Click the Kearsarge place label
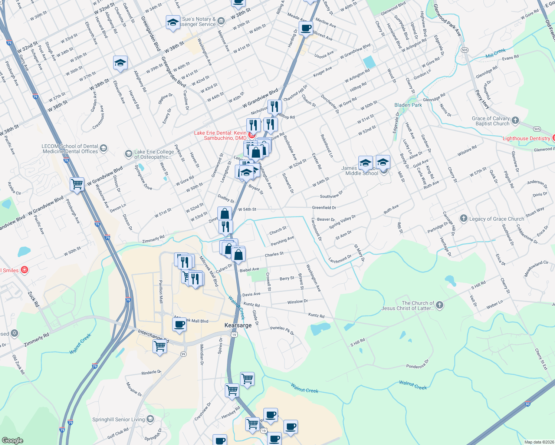[238, 325]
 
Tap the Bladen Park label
[408, 105]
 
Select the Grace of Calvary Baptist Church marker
[515, 120]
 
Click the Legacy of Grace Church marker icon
[463, 218]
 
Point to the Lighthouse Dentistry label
[526, 138]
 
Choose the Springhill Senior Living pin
[150, 419]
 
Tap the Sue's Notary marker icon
[221, 21]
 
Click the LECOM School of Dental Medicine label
[70, 149]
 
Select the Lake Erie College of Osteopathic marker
[128, 154]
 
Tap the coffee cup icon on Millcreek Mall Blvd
[180, 324]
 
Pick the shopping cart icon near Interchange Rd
[160, 346]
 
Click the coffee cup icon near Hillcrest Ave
[306, 28]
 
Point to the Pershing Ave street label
[282, 241]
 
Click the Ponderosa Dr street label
[417, 364]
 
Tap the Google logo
[12, 440]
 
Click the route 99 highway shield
[183, 354]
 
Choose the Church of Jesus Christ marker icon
[440, 305]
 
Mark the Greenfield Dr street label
[324, 208]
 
